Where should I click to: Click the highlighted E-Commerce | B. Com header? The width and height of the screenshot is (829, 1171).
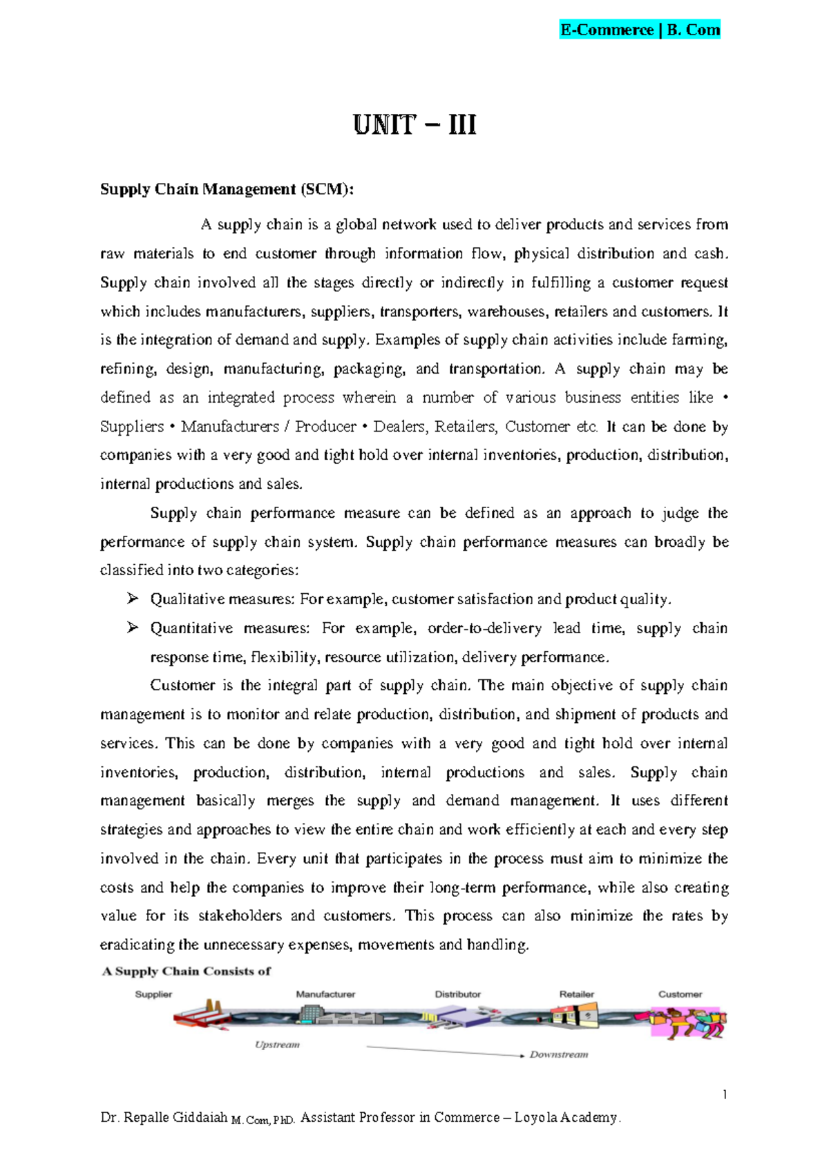(x=640, y=30)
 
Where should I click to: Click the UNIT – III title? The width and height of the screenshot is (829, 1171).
(x=414, y=125)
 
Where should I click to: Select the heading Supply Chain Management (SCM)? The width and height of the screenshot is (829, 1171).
(x=227, y=189)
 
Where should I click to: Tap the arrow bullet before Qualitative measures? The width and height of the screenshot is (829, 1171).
(x=133, y=599)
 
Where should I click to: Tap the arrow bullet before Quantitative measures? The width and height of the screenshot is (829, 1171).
(x=133, y=628)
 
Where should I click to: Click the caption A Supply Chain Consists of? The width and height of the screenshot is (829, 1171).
(x=187, y=971)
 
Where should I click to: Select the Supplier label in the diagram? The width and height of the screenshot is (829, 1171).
(x=153, y=994)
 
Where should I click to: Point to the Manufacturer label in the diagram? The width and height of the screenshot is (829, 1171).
(x=325, y=994)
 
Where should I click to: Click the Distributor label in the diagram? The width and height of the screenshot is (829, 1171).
(x=457, y=994)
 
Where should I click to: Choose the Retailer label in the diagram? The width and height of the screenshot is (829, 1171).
(x=577, y=994)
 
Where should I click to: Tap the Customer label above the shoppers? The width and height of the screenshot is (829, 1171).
(x=680, y=994)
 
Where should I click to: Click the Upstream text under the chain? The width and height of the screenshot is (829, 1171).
(x=277, y=1045)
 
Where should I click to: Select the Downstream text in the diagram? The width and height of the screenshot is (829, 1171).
(x=559, y=1054)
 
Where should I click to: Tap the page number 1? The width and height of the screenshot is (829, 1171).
(x=725, y=1094)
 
